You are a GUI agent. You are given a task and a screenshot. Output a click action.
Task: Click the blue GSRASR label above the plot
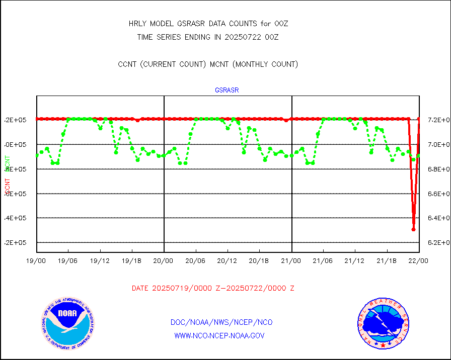coord(227,91)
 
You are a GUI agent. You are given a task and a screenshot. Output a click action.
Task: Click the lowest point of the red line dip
coord(413,229)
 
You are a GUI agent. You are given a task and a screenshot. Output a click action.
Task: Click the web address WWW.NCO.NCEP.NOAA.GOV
coord(219,335)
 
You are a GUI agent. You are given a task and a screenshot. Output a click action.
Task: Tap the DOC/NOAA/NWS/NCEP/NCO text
coord(221,322)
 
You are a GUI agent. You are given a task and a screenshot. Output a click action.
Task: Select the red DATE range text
coord(213,288)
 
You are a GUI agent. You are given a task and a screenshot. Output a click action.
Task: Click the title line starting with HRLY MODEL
coord(208,24)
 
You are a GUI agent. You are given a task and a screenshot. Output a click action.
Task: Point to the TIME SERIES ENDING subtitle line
coord(208,37)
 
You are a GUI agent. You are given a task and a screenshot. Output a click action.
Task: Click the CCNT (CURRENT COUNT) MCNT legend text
coord(208,64)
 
